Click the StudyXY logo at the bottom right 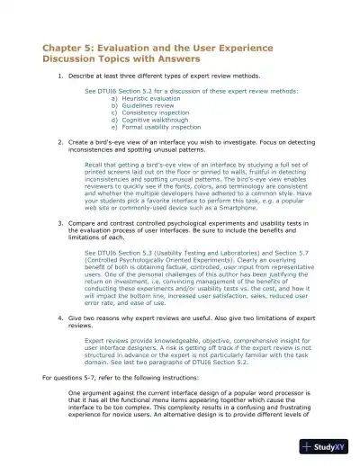pos(326,446)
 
